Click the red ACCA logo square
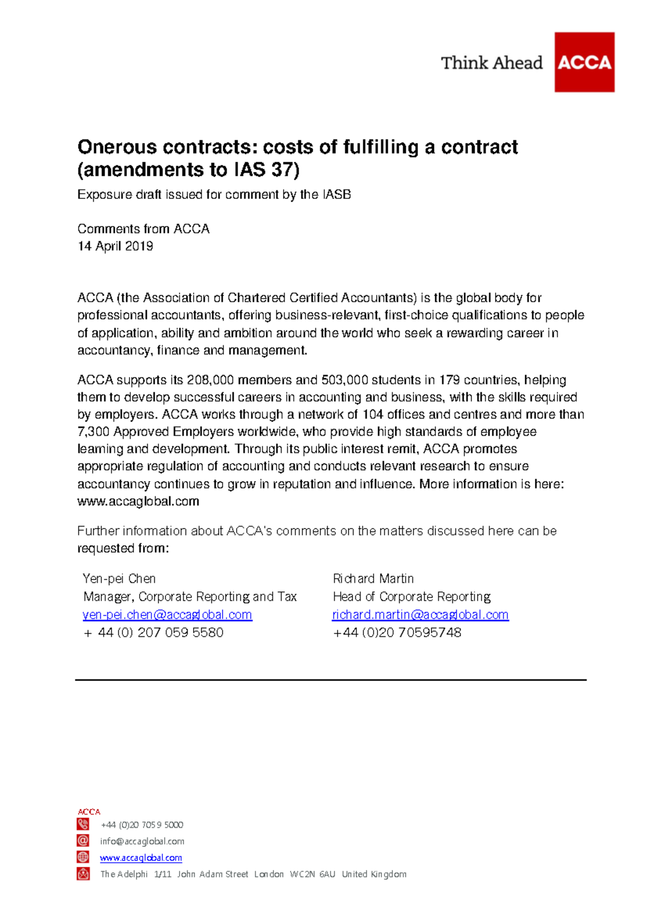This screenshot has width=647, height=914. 584,62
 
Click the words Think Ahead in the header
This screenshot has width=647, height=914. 491,63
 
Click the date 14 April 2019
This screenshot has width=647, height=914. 115,246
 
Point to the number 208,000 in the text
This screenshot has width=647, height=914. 210,380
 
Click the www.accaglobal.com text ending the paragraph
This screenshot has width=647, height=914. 138,501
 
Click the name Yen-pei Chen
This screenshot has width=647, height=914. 119,579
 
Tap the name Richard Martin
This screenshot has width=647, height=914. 373,579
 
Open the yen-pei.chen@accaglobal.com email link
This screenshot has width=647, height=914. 167,615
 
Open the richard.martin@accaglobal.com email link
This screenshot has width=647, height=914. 421,615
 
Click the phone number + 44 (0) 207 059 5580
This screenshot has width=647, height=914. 154,633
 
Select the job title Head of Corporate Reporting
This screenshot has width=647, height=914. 412,596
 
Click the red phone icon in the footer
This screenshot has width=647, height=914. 83,824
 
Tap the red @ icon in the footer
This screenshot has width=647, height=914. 83,841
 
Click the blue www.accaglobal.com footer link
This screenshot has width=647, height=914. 141,857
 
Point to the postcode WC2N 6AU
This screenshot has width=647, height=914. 312,874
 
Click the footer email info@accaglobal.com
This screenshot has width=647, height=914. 142,841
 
